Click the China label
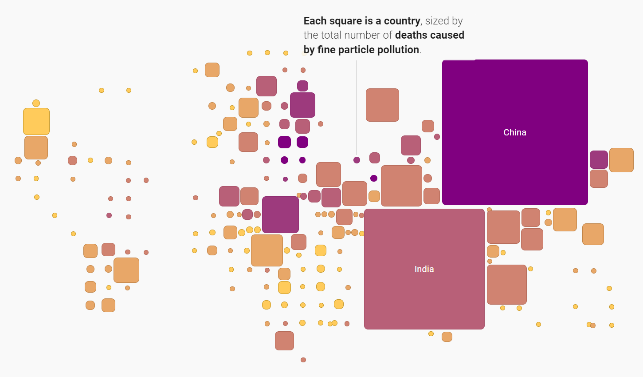pos(515,132)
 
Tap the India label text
pos(424,269)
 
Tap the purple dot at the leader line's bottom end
pos(357,160)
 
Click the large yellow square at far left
pos(36,121)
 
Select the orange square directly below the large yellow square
pos(36,147)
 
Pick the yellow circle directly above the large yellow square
pos(36,103)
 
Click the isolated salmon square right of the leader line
pos(382,105)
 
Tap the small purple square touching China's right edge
pos(599,159)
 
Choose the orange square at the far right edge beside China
pos(621,160)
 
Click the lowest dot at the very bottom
pos(303,360)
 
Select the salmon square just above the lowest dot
pos(284,341)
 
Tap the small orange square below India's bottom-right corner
pos(447,337)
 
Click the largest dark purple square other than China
pos(280,214)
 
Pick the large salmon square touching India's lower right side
pos(506,285)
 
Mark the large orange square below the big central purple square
pos(267,250)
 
